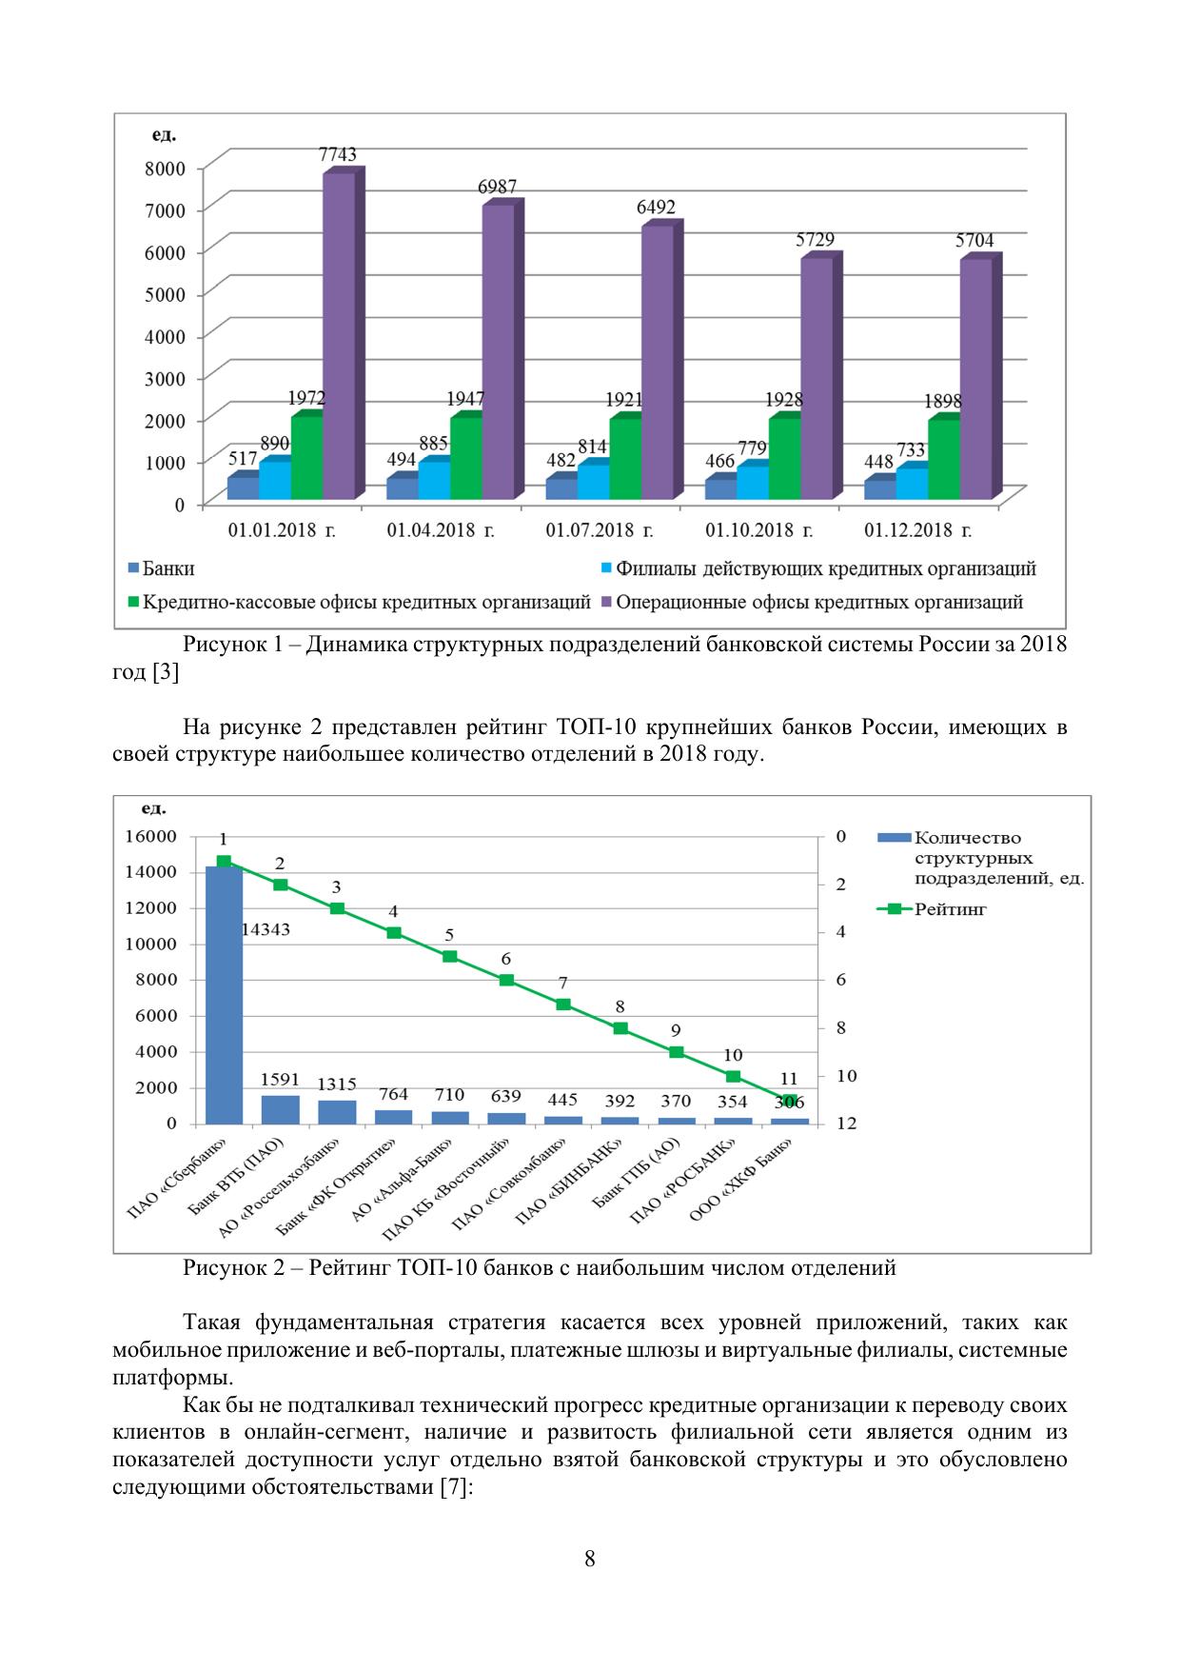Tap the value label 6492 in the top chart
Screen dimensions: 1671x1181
(657, 208)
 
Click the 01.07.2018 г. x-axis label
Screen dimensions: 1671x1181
(599, 530)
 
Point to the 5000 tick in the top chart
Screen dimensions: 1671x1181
(166, 293)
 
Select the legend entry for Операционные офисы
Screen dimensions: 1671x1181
(819, 603)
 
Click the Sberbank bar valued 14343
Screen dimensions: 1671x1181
(224, 995)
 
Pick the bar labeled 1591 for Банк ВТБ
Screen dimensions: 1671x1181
(280, 1109)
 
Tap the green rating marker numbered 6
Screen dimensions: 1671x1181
(506, 981)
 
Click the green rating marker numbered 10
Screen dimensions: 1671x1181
(733, 1076)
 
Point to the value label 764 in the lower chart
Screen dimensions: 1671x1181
(393, 1094)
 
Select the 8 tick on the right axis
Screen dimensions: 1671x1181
(840, 1027)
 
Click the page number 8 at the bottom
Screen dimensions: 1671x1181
(590, 1559)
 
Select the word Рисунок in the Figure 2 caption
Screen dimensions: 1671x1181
(226, 1268)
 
